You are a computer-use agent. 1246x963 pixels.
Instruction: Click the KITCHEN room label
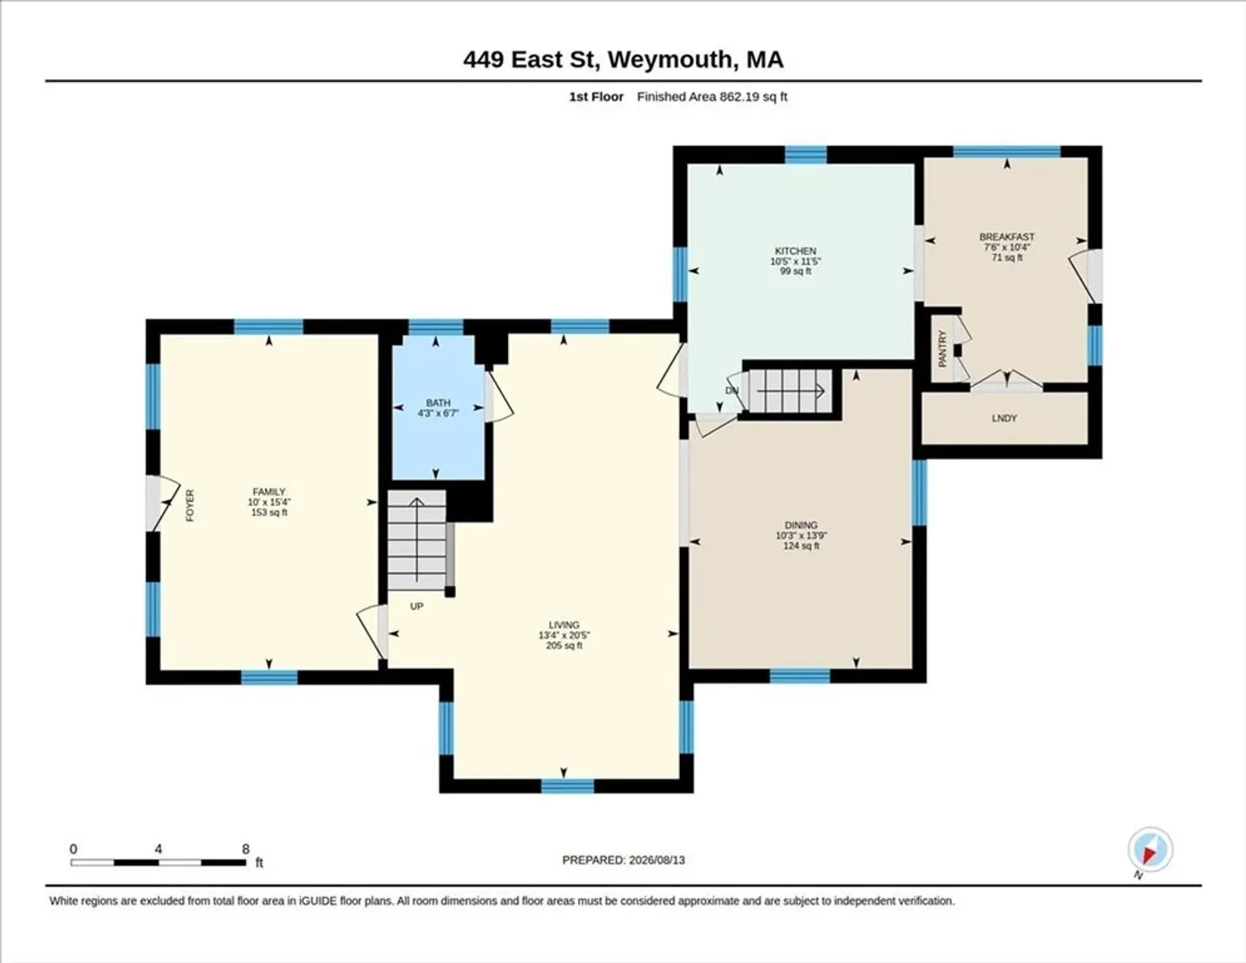pos(795,251)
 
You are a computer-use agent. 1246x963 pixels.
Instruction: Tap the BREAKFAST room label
pos(1007,237)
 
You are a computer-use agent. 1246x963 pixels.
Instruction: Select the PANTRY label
pos(942,349)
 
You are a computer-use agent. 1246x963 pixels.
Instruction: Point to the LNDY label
pos(1004,419)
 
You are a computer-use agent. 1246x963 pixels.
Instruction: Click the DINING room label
pos(801,525)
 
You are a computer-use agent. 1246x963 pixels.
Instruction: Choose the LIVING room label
pos(563,625)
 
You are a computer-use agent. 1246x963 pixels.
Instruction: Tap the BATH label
pos(439,403)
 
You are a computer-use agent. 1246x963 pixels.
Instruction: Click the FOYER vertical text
pos(190,506)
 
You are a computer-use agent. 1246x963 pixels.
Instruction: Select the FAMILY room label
pos(269,492)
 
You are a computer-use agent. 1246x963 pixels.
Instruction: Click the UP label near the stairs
pos(417,606)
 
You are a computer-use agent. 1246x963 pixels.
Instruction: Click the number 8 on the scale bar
pos(245,849)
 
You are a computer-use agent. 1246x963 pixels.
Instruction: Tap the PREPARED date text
pos(623,860)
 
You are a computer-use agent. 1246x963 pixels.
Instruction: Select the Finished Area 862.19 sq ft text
pos(712,97)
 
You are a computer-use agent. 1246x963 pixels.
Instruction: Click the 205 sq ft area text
pos(563,646)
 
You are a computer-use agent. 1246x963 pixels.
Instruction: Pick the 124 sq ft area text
pos(801,546)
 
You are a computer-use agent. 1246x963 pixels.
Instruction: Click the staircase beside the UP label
pos(417,539)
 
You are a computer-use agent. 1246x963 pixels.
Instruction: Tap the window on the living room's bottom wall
pos(568,786)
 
